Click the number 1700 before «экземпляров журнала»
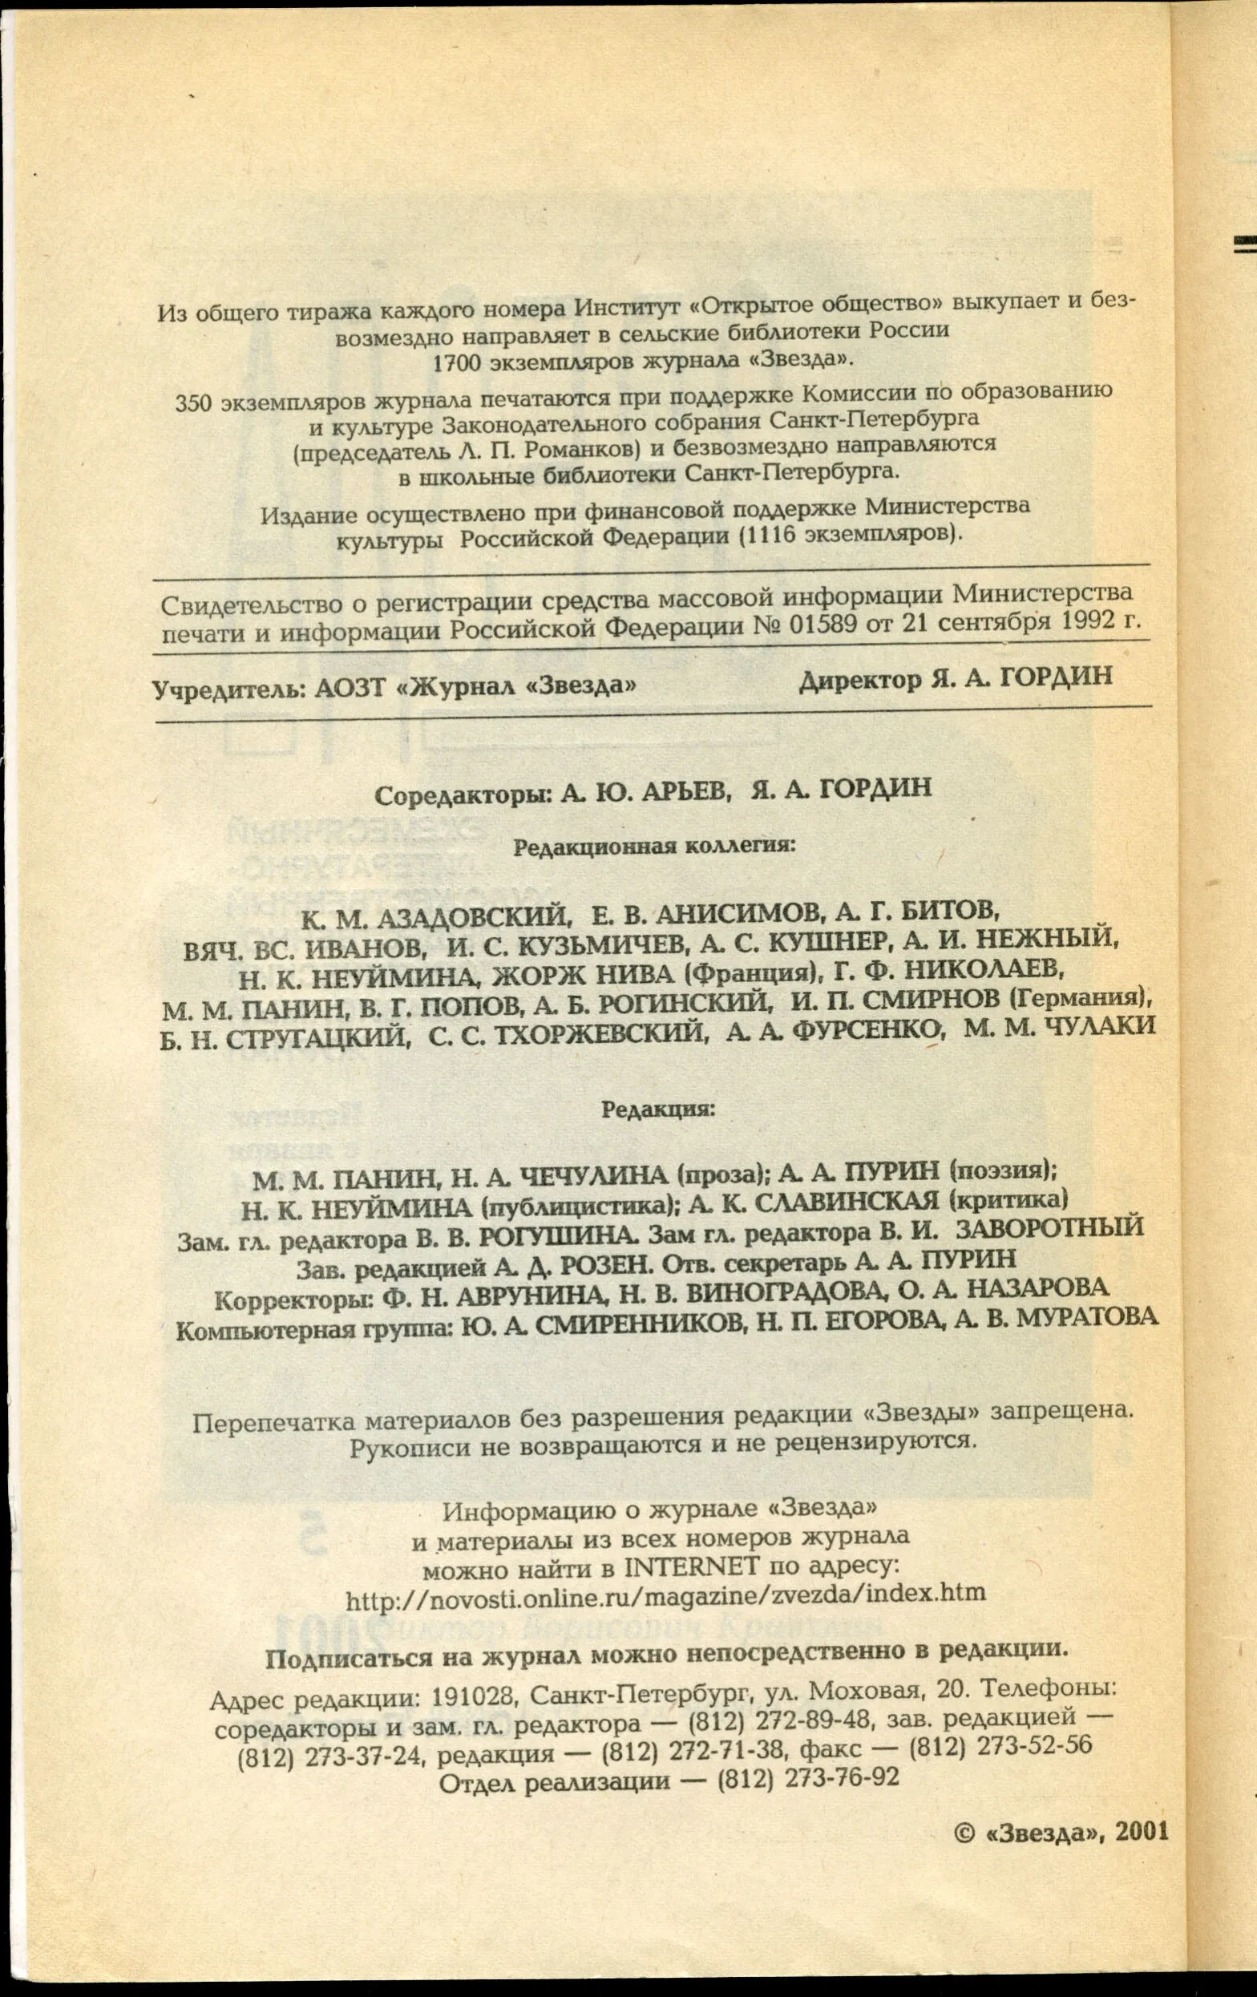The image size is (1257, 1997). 462,364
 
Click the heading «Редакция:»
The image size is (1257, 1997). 657,1109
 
